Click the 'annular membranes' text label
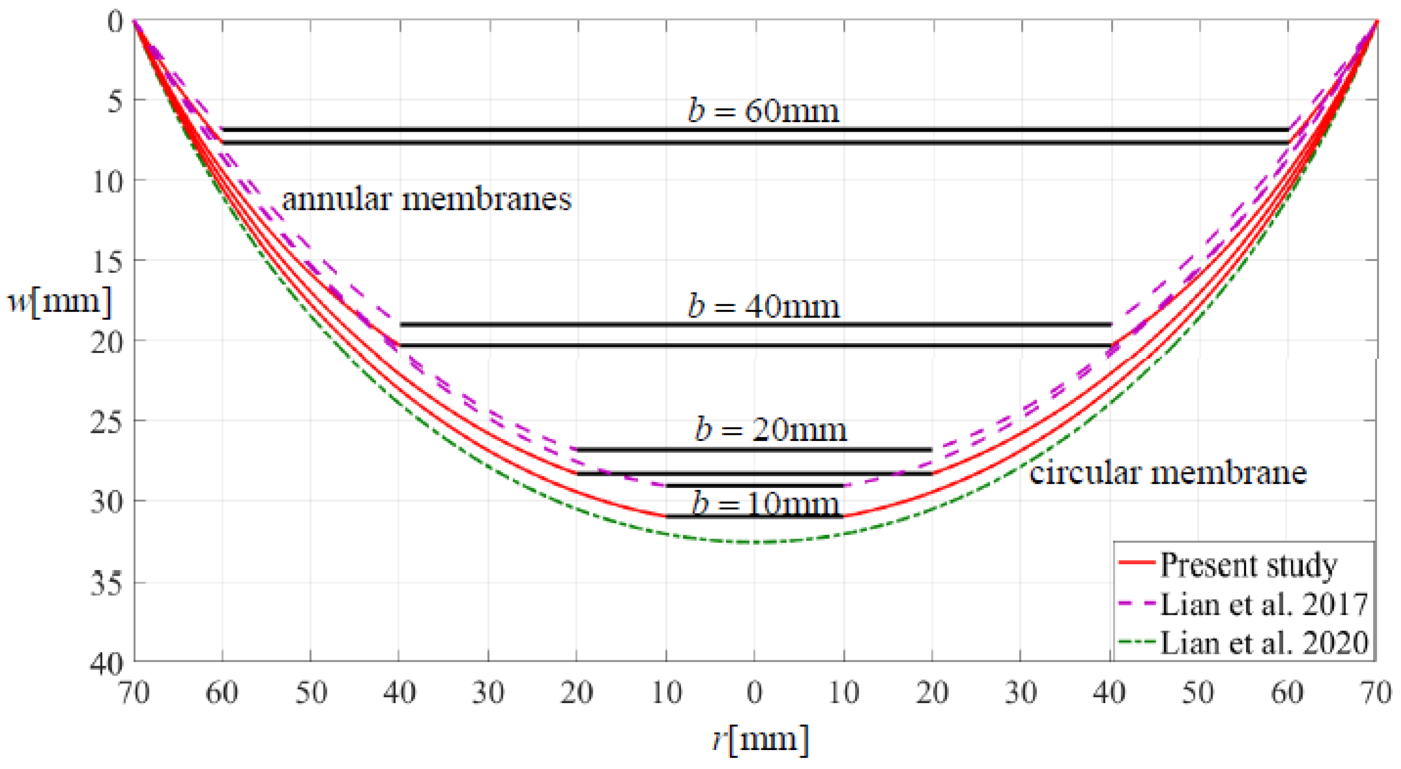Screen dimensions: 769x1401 427,199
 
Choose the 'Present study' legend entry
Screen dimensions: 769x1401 1248,565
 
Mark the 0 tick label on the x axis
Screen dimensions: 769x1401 755,693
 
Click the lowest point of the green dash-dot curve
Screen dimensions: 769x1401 755,542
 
